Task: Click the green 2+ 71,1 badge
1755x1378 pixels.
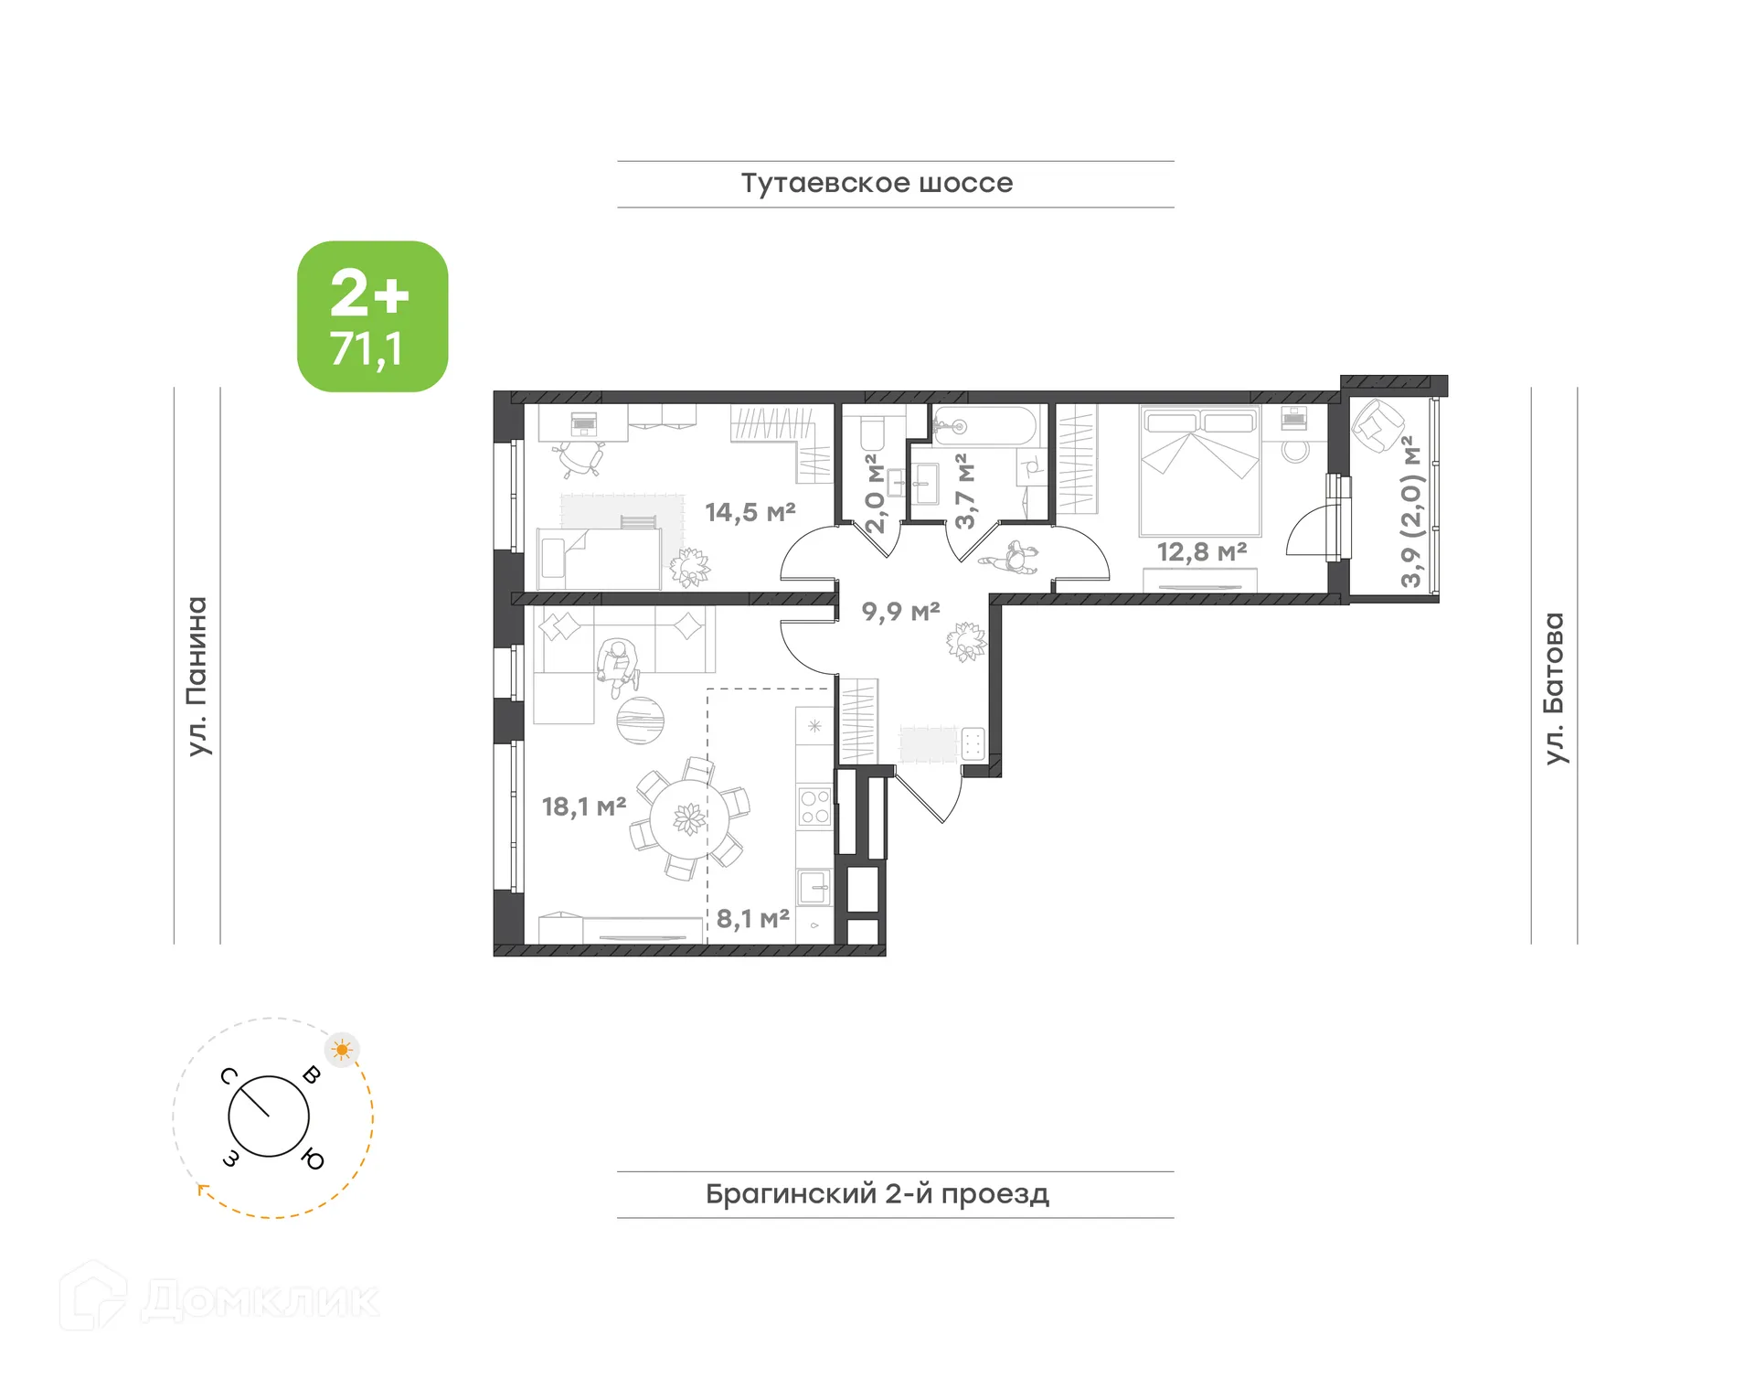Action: [x=372, y=316]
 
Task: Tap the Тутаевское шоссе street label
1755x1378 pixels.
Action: [x=876, y=183]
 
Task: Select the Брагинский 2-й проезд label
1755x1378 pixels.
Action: [x=877, y=1193]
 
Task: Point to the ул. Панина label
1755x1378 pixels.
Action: [x=197, y=677]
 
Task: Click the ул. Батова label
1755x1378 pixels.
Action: [x=1553, y=688]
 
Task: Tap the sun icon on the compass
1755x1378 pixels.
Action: [x=342, y=1049]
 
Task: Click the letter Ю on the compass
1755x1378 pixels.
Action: [x=313, y=1159]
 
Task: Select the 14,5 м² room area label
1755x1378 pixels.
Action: [x=750, y=512]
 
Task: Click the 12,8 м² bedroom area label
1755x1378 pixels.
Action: [x=1201, y=552]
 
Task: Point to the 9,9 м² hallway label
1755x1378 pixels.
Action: [x=900, y=611]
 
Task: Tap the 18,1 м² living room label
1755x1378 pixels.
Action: [x=583, y=807]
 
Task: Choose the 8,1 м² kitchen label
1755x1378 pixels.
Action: [x=752, y=918]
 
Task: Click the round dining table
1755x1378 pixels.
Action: [x=689, y=818]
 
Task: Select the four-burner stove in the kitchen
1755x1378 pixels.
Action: [x=814, y=807]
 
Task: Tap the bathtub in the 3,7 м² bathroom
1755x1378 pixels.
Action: [x=985, y=426]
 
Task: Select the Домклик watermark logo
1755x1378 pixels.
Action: [x=219, y=1298]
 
